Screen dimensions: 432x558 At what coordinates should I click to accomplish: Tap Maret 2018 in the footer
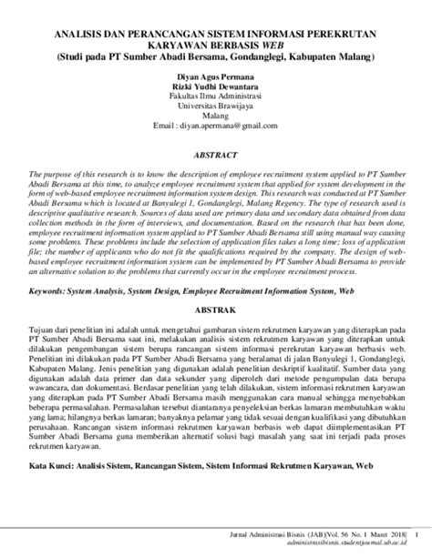[381, 534]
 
